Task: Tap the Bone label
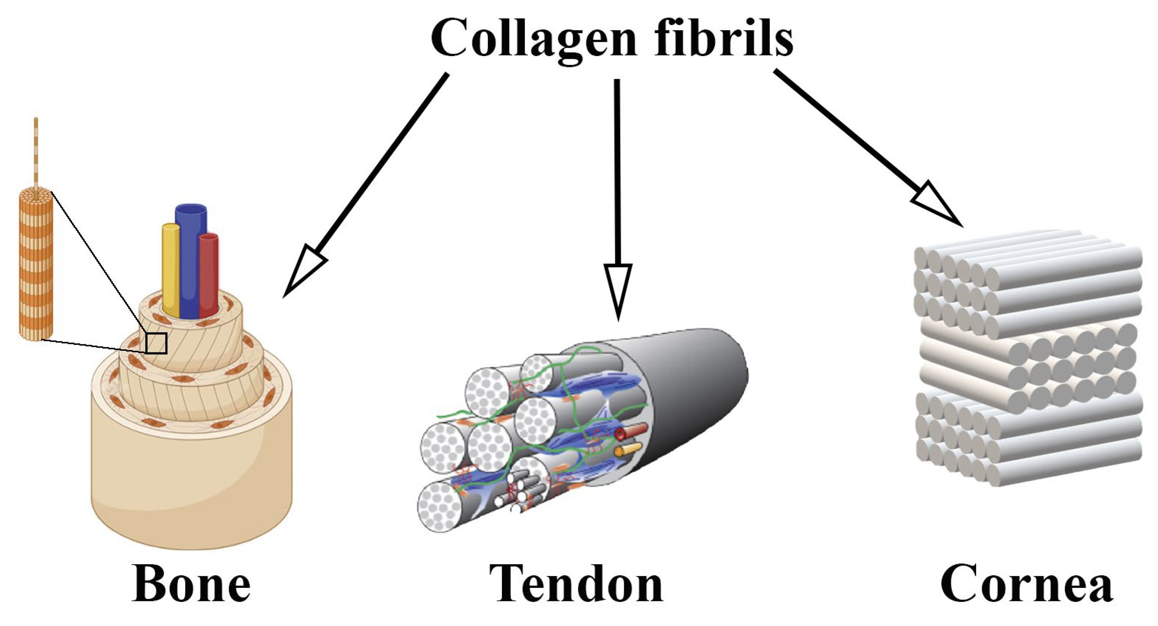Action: (192, 584)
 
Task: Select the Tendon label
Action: (576, 584)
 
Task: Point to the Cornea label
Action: (1027, 584)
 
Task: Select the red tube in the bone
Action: (209, 274)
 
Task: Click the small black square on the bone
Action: (156, 343)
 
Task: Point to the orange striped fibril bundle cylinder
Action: (35, 265)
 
